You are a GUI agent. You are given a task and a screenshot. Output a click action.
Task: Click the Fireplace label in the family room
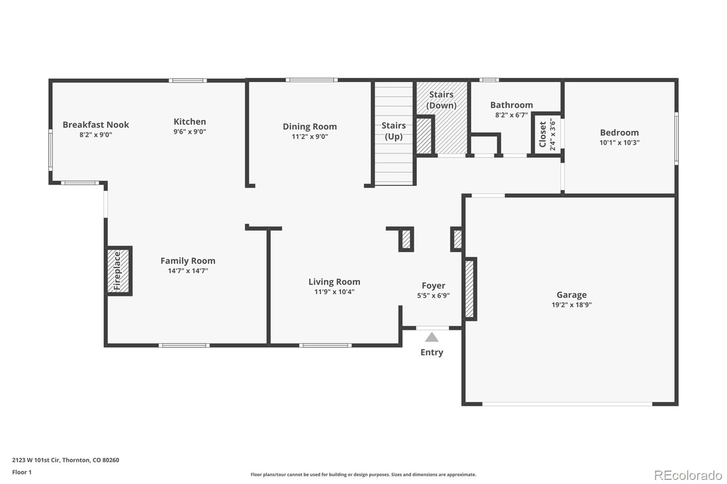[117, 271]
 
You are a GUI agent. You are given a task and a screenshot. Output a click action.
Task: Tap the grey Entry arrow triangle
[432, 337]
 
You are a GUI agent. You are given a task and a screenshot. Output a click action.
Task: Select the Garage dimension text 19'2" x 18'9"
[572, 305]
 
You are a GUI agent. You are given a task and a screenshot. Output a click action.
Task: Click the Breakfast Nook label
[96, 124]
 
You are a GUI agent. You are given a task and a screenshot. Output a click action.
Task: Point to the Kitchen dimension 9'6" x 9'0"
[189, 132]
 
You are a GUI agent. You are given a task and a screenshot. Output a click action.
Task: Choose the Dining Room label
[310, 127]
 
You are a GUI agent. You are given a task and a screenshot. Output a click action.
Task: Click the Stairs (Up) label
[393, 131]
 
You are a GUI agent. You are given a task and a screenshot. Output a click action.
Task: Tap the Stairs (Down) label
[441, 100]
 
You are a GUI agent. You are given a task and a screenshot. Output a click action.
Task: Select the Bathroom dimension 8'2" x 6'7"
[512, 115]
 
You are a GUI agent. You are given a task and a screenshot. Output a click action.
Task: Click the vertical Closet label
[543, 134]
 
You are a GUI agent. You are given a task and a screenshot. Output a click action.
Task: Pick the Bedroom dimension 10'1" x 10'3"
[619, 143]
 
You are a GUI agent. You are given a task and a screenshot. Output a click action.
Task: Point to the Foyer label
[433, 286]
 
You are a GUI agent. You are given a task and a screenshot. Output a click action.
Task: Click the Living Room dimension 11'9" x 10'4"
[334, 292]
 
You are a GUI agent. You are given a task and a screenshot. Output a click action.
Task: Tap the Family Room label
[188, 261]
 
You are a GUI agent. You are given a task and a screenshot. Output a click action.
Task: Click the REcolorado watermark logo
[688, 475]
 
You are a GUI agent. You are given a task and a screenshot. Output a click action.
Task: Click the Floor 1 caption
[22, 472]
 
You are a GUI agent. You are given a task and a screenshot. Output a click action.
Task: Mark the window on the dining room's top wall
[312, 80]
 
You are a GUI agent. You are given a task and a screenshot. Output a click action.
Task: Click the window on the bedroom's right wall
[676, 138]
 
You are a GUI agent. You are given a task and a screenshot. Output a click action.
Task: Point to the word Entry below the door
[432, 352]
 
